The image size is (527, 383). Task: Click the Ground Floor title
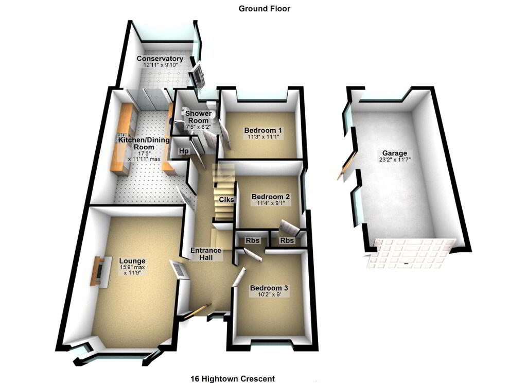coord(264,9)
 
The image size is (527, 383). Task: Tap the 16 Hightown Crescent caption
coord(233,379)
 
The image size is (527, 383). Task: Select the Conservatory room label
coord(160,59)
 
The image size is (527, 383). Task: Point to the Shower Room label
coord(198,117)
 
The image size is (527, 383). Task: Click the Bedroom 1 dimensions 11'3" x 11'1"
coord(263,137)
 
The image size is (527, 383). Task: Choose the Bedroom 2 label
coord(271,197)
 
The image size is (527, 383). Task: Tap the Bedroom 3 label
coord(269,288)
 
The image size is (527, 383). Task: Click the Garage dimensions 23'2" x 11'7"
coord(395,160)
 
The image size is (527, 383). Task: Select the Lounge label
coord(132,261)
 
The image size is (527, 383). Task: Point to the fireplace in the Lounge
coord(101,271)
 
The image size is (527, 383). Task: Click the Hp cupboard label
coord(184,151)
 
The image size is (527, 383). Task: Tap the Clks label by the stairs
coord(226,199)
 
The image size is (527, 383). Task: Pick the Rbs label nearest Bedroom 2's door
coord(287,240)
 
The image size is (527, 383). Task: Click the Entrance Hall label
coord(206,254)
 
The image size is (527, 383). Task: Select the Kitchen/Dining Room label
coord(144,143)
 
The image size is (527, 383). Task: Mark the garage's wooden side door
coord(345,165)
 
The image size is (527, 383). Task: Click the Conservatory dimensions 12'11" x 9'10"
coord(160,65)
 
